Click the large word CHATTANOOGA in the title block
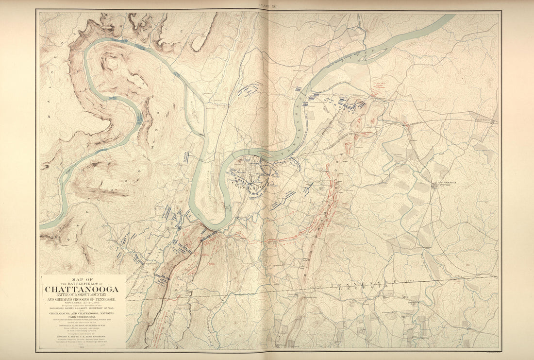82,290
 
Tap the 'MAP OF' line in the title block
82,279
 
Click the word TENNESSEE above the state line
360,282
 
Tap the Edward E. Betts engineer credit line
82,335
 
